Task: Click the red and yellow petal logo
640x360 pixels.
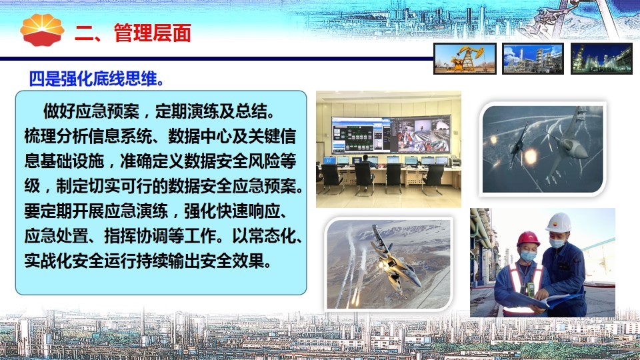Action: (42, 30)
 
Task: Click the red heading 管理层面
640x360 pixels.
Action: (152, 33)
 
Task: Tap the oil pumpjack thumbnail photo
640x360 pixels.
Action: (465, 59)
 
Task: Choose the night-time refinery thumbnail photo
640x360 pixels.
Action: (601, 59)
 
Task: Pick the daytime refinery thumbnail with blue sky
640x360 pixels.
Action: (533, 59)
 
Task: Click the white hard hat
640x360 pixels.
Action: (559, 223)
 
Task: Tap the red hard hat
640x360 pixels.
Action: (528, 239)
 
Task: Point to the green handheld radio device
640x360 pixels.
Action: (530, 289)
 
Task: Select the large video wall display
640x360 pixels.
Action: (391, 134)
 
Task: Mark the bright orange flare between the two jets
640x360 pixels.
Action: (530, 155)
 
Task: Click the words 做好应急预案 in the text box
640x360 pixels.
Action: (91, 111)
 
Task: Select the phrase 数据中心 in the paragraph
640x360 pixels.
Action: (200, 136)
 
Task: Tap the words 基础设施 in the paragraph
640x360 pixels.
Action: (72, 161)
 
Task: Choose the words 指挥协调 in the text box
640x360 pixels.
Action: (136, 236)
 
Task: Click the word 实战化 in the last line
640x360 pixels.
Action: (49, 261)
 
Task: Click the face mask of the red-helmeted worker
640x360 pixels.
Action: (527, 256)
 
